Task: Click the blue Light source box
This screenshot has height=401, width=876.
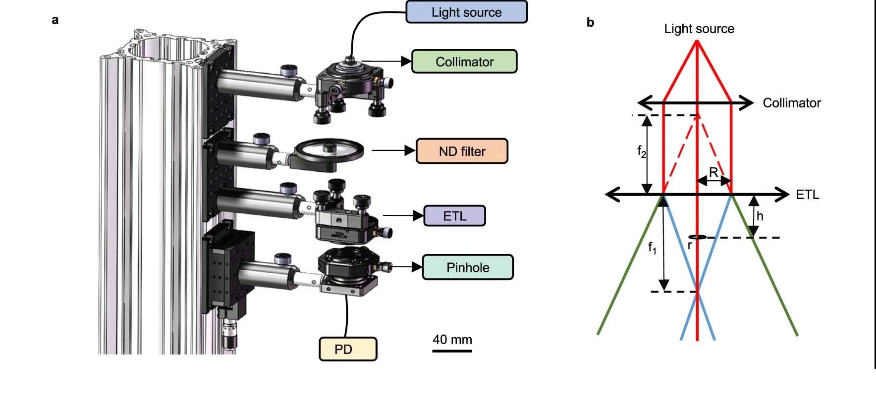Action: (x=466, y=12)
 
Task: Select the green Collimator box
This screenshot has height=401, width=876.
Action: (x=464, y=62)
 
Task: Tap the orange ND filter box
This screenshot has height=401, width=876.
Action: (x=462, y=151)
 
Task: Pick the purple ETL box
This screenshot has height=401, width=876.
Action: (x=454, y=216)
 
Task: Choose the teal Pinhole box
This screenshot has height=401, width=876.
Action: (x=468, y=267)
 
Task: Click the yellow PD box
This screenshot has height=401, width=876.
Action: (x=348, y=349)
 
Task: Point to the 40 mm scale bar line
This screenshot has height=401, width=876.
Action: (x=452, y=351)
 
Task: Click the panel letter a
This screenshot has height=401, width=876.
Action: (x=55, y=20)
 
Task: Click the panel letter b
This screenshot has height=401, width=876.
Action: (x=590, y=22)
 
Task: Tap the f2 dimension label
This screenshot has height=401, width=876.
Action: (x=642, y=151)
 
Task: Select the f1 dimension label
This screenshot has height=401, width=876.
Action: (x=653, y=247)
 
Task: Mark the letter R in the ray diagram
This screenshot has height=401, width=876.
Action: (x=713, y=172)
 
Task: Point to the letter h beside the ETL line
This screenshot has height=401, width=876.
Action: (x=760, y=216)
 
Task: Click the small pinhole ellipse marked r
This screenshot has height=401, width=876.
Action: (x=698, y=238)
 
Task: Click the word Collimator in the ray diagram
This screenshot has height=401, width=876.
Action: (x=791, y=103)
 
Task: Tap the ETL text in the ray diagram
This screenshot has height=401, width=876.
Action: (x=807, y=195)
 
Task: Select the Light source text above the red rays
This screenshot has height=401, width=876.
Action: (x=699, y=29)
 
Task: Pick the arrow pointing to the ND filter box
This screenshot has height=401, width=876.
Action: (x=393, y=150)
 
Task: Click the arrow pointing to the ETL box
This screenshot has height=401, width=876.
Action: (x=403, y=215)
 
